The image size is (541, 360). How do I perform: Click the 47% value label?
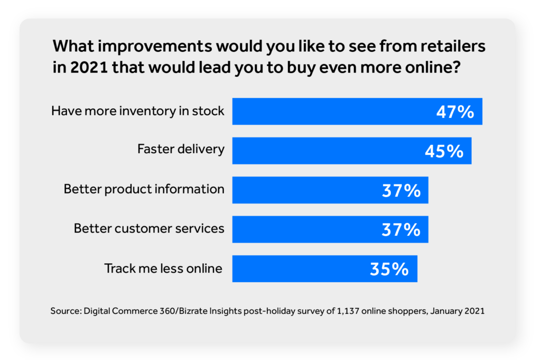(x=455, y=112)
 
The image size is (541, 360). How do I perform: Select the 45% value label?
(x=444, y=151)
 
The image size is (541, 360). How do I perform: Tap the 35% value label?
(x=389, y=269)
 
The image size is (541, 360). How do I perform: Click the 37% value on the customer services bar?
(x=401, y=230)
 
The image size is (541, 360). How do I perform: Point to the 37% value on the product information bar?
(x=401, y=191)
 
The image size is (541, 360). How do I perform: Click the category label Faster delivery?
(x=181, y=149)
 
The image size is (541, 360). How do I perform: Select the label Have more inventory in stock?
(x=138, y=111)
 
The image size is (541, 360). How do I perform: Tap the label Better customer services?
(x=149, y=228)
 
